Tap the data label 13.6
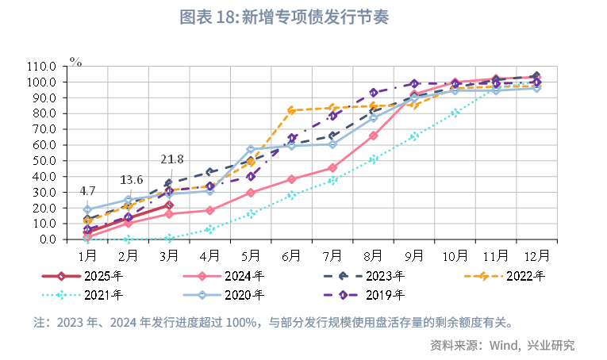click(x=131, y=179)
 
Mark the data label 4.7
click(x=87, y=191)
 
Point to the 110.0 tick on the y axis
click(x=40, y=67)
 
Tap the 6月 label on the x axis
click(x=291, y=255)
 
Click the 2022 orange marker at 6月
click(x=291, y=110)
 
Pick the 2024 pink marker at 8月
click(x=374, y=136)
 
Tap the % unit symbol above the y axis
click(x=75, y=60)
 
